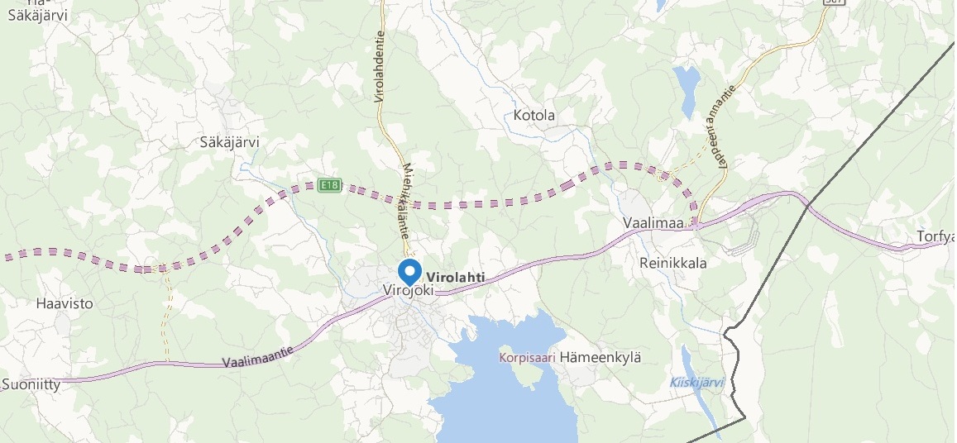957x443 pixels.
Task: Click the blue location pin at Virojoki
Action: tap(409, 271)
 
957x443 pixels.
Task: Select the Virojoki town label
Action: tap(409, 291)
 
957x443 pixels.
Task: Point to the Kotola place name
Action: tap(534, 116)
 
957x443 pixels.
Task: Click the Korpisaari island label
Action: tap(526, 358)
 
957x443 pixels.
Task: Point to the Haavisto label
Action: tap(65, 303)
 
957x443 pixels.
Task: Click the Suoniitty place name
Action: tap(31, 384)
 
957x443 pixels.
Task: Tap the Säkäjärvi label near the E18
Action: tap(230, 142)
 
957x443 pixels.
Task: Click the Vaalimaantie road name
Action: tap(258, 357)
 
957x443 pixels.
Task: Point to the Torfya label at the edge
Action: tap(935, 238)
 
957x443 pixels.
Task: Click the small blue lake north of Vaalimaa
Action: tap(687, 88)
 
